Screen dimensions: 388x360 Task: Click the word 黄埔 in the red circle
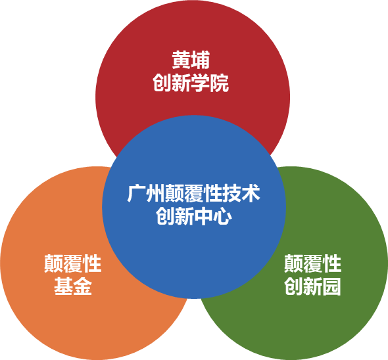pos(191,60)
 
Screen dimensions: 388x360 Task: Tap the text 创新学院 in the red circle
pos(191,83)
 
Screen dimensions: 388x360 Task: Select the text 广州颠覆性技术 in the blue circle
pos(193,193)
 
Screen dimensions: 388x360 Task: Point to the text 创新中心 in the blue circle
pos(194,216)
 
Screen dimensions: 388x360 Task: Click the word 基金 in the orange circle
pos(73,286)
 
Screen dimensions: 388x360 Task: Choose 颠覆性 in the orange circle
pos(73,263)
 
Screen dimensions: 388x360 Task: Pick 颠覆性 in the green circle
pos(313,263)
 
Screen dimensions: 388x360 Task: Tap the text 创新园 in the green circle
pos(312,286)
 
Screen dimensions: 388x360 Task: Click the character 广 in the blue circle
pos(136,193)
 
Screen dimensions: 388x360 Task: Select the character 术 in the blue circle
pos(251,193)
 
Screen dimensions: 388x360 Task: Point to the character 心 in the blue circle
pos(222,216)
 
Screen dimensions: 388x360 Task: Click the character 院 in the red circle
pos(219,83)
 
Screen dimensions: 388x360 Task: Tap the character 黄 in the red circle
pos(182,60)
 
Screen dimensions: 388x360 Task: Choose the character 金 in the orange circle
pos(82,286)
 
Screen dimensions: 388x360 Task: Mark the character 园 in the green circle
pos(331,286)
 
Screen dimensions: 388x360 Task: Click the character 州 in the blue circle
pos(155,193)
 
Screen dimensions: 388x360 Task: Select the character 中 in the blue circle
pos(203,216)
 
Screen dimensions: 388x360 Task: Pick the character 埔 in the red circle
pos(201,60)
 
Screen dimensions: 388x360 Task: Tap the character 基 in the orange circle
pos(64,286)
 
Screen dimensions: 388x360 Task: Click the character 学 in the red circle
pos(200,83)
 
